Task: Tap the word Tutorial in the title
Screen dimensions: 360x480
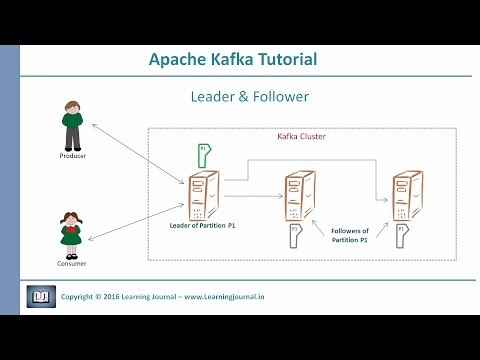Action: (x=284, y=59)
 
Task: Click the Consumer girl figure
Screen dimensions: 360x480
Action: (x=70, y=232)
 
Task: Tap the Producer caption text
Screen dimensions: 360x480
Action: (x=71, y=158)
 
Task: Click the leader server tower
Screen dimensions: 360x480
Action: (x=203, y=197)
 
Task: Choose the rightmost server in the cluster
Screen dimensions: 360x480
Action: (x=405, y=196)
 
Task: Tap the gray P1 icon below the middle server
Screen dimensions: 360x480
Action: (x=295, y=236)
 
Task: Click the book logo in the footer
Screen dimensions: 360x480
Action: (x=39, y=297)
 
